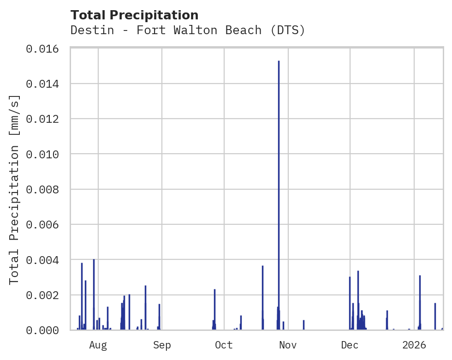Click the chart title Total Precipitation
(x=135, y=15)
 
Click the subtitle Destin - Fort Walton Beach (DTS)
(x=188, y=30)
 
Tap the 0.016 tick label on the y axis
(x=45, y=48)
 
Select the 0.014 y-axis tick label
(x=45, y=84)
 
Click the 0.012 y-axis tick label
(x=45, y=119)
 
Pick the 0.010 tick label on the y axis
(x=45, y=154)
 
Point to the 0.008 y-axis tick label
(x=45, y=189)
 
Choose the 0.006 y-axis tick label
(x=45, y=224)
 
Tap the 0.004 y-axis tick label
(x=45, y=260)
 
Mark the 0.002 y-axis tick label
(x=45, y=295)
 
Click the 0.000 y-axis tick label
(x=45, y=330)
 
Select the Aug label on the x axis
(x=98, y=345)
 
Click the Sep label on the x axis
(x=162, y=345)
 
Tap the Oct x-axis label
(x=224, y=345)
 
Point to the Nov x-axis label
(x=288, y=345)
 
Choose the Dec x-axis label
(x=350, y=345)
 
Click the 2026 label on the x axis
(x=414, y=345)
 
